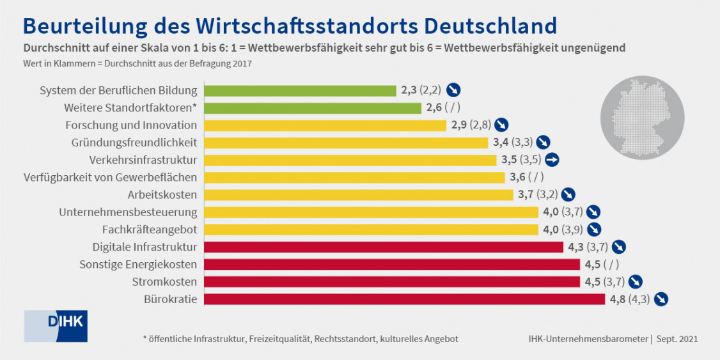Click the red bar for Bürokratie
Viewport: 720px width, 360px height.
(404, 299)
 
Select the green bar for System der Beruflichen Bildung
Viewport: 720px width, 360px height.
(300, 90)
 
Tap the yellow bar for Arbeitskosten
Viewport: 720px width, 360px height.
(358, 194)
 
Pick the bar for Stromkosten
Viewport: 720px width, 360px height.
(392, 281)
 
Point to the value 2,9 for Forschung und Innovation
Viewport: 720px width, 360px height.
(458, 125)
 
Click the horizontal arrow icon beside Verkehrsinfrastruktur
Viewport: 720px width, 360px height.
(553, 160)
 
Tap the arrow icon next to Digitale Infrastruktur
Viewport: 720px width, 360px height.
(618, 246)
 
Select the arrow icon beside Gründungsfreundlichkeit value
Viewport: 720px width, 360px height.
(544, 143)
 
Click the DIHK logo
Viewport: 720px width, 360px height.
(56, 325)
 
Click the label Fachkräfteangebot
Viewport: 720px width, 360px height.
(150, 229)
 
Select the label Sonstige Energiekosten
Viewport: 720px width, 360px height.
(138, 263)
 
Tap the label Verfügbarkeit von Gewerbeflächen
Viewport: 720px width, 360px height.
(110, 177)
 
